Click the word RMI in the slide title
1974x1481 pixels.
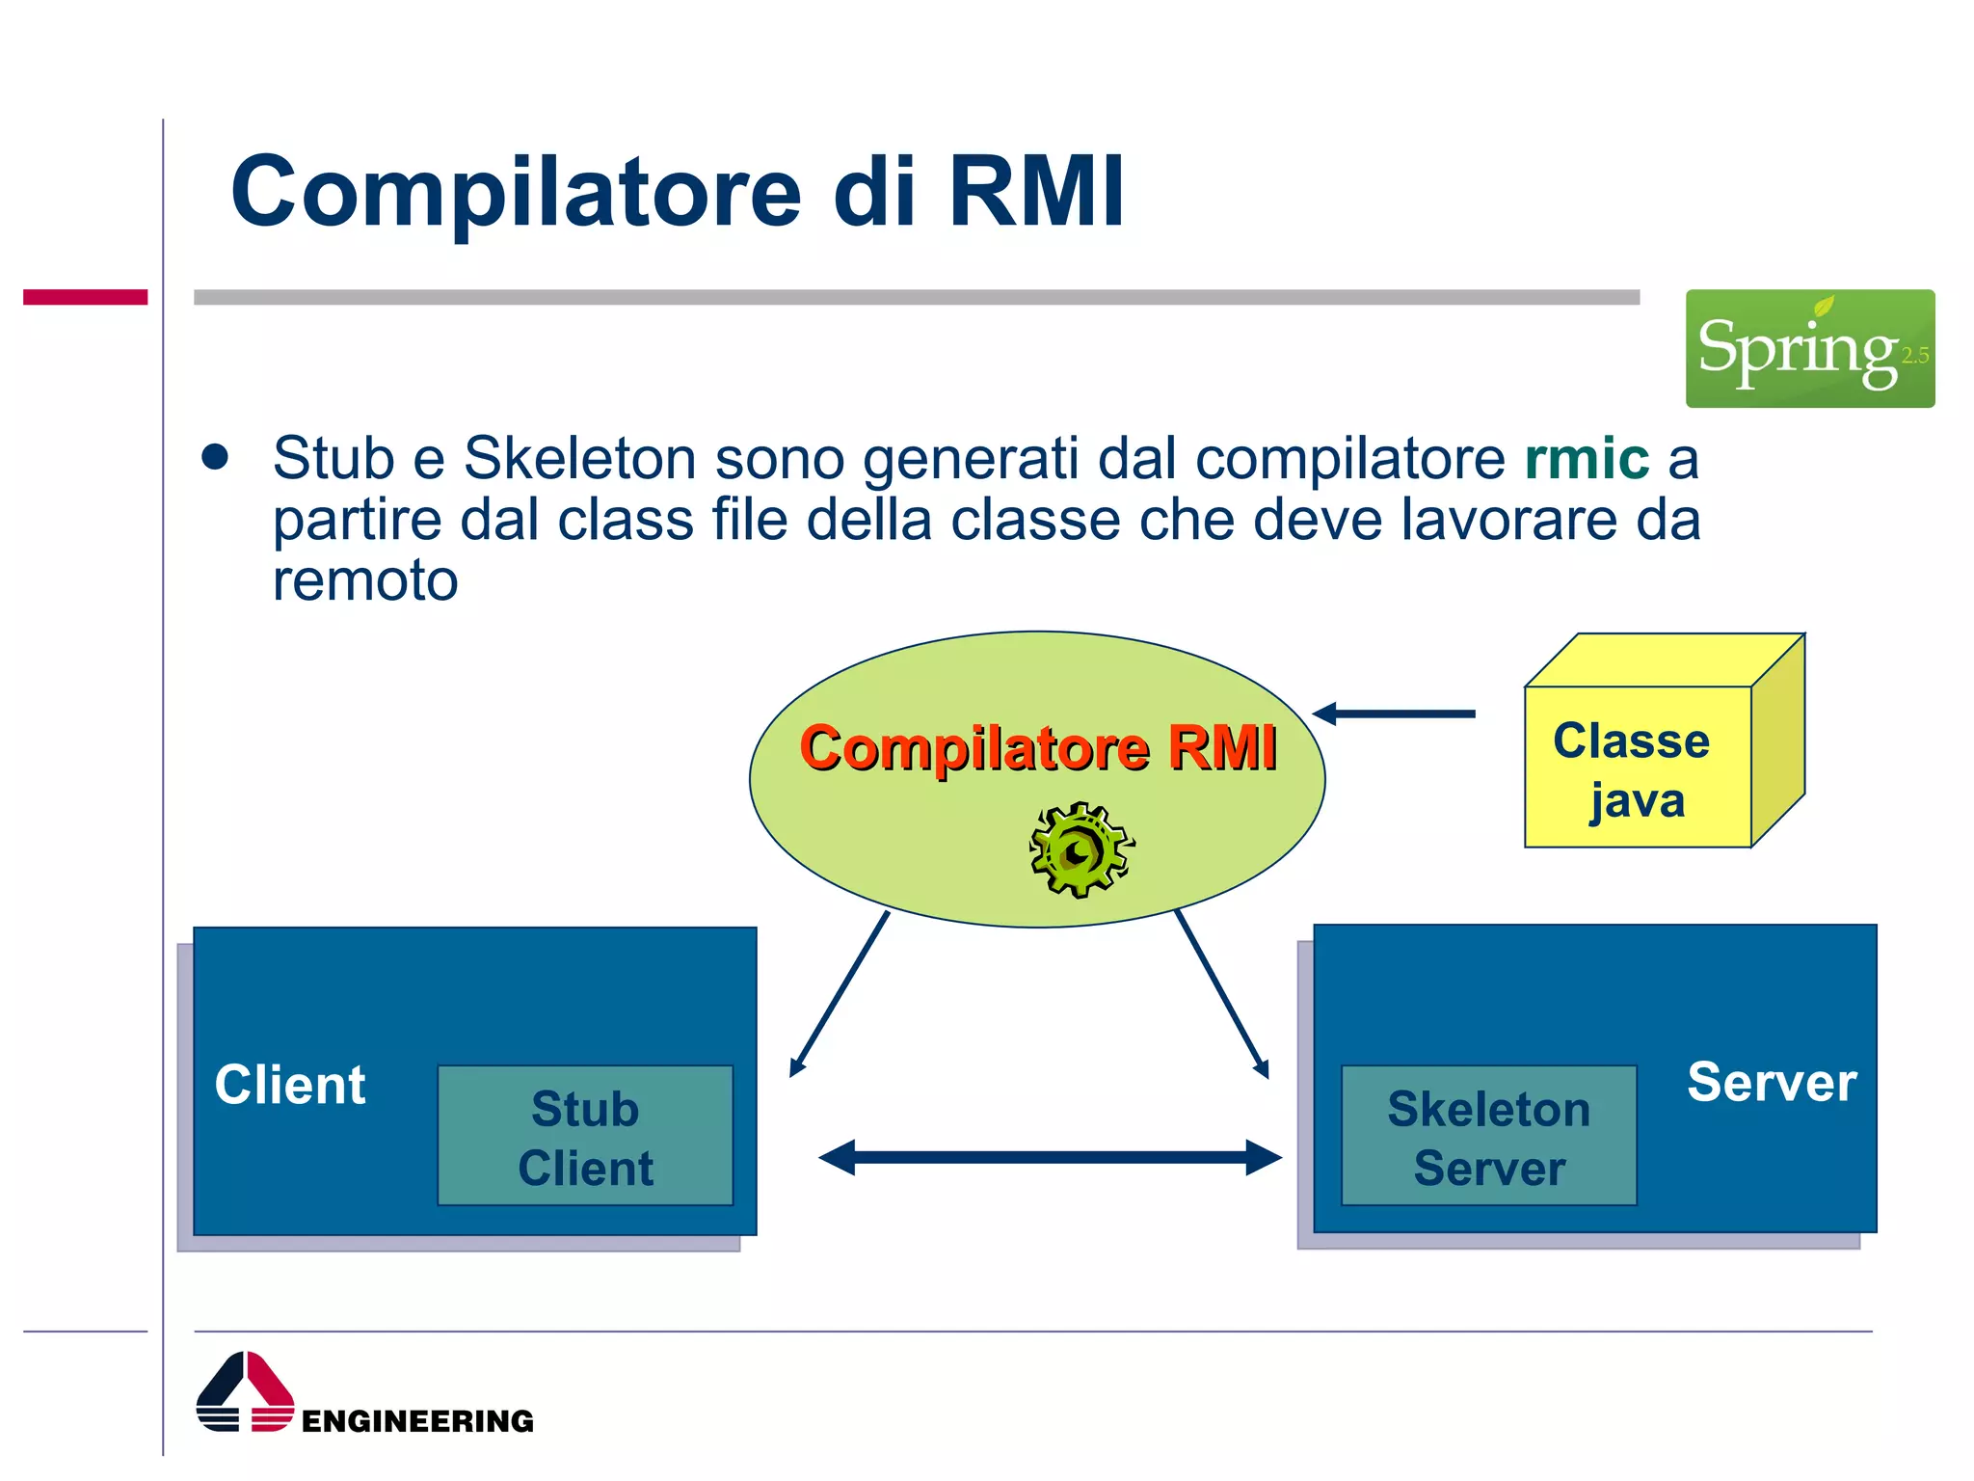point(1036,193)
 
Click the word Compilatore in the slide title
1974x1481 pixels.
point(516,193)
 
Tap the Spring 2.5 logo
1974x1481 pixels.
point(1809,348)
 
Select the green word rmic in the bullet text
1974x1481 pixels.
point(1587,458)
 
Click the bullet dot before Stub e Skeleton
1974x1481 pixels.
point(215,457)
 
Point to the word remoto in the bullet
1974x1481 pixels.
point(365,580)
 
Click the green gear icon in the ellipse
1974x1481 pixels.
point(1080,849)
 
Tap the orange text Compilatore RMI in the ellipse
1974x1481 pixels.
point(1038,747)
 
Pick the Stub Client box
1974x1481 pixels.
point(585,1136)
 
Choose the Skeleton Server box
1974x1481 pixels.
point(1488,1136)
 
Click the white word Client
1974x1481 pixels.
point(290,1085)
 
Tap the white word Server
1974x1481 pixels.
point(1772,1082)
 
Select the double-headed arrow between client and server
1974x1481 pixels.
point(1050,1157)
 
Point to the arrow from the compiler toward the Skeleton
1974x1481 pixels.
point(1221,993)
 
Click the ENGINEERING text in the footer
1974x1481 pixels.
point(417,1421)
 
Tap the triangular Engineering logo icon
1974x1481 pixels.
point(245,1392)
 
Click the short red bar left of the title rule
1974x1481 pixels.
point(85,297)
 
